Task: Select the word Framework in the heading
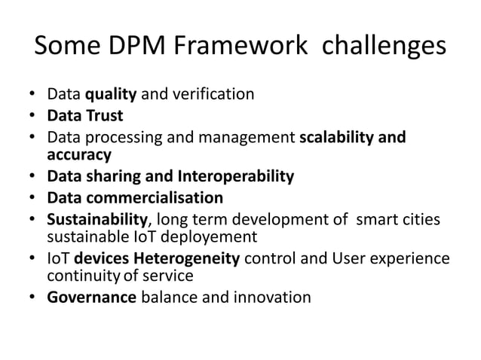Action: click(241, 46)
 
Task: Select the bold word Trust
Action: click(105, 117)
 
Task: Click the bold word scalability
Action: click(337, 138)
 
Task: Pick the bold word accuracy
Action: click(79, 154)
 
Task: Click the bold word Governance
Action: click(91, 297)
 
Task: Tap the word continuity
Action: click(77, 276)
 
